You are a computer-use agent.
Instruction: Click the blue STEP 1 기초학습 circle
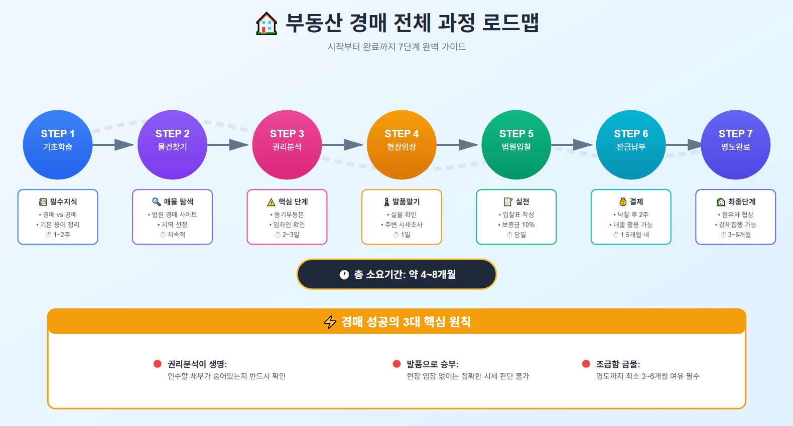(58, 145)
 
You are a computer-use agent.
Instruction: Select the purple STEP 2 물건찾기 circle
(172, 145)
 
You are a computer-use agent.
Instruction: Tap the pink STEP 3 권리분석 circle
(287, 145)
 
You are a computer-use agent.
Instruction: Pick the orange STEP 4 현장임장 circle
(402, 145)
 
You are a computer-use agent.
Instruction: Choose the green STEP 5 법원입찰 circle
(516, 145)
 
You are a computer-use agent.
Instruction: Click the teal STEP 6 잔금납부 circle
(631, 145)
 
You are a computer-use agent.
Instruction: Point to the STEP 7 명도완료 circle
(735, 145)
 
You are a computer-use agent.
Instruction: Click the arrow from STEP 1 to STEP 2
(114, 145)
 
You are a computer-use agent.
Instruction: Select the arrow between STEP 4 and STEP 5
(458, 145)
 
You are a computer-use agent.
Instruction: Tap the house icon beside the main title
(267, 24)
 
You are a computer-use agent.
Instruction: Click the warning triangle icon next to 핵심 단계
(272, 202)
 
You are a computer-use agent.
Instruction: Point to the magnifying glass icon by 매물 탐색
(157, 201)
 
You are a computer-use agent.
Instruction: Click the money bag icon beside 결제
(623, 202)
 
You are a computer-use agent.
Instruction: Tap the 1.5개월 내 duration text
(634, 235)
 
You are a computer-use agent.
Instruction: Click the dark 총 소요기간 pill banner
(396, 274)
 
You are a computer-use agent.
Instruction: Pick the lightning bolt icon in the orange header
(330, 322)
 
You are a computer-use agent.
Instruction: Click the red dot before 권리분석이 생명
(158, 364)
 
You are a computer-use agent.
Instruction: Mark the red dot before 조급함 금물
(586, 364)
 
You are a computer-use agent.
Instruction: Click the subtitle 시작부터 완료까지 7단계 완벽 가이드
(396, 47)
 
